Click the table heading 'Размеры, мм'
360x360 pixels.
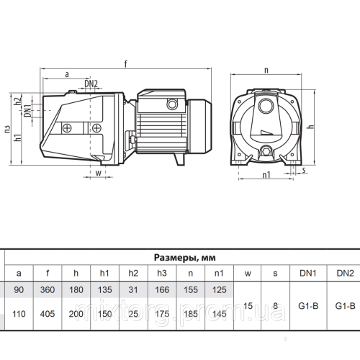[184, 256]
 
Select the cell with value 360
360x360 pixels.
[48, 289]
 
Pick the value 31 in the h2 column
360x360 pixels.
[133, 289]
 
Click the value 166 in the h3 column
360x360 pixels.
[161, 289]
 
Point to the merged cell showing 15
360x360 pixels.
[248, 305]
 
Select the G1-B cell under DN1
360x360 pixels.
[305, 305]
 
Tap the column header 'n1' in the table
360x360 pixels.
[219, 273]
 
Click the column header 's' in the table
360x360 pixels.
[276, 273]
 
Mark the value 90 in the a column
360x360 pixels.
[19, 289]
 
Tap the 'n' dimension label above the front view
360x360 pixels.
[266, 70]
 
